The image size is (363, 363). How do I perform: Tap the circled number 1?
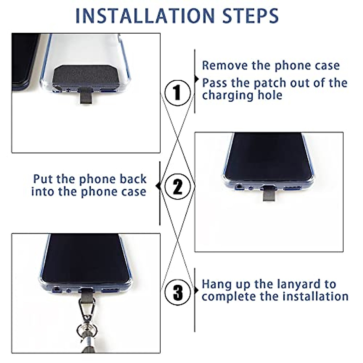tap(178, 93)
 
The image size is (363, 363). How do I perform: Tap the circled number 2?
tap(178, 187)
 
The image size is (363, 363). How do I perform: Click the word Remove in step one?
tap(225, 65)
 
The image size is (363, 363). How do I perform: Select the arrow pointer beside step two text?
tap(158, 186)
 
